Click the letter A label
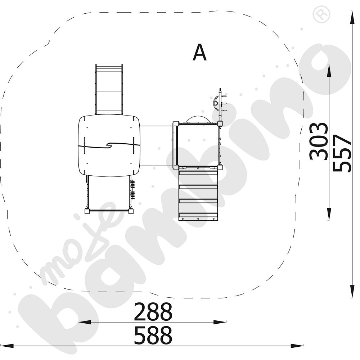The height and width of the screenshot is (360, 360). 199,53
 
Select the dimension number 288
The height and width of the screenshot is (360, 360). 153,312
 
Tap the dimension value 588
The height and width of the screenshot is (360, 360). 153,336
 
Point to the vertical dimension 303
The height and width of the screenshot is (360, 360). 319,141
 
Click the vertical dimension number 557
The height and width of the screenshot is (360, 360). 342,153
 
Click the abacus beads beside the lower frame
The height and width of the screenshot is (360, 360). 132,189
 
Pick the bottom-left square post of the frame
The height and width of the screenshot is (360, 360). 87,211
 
